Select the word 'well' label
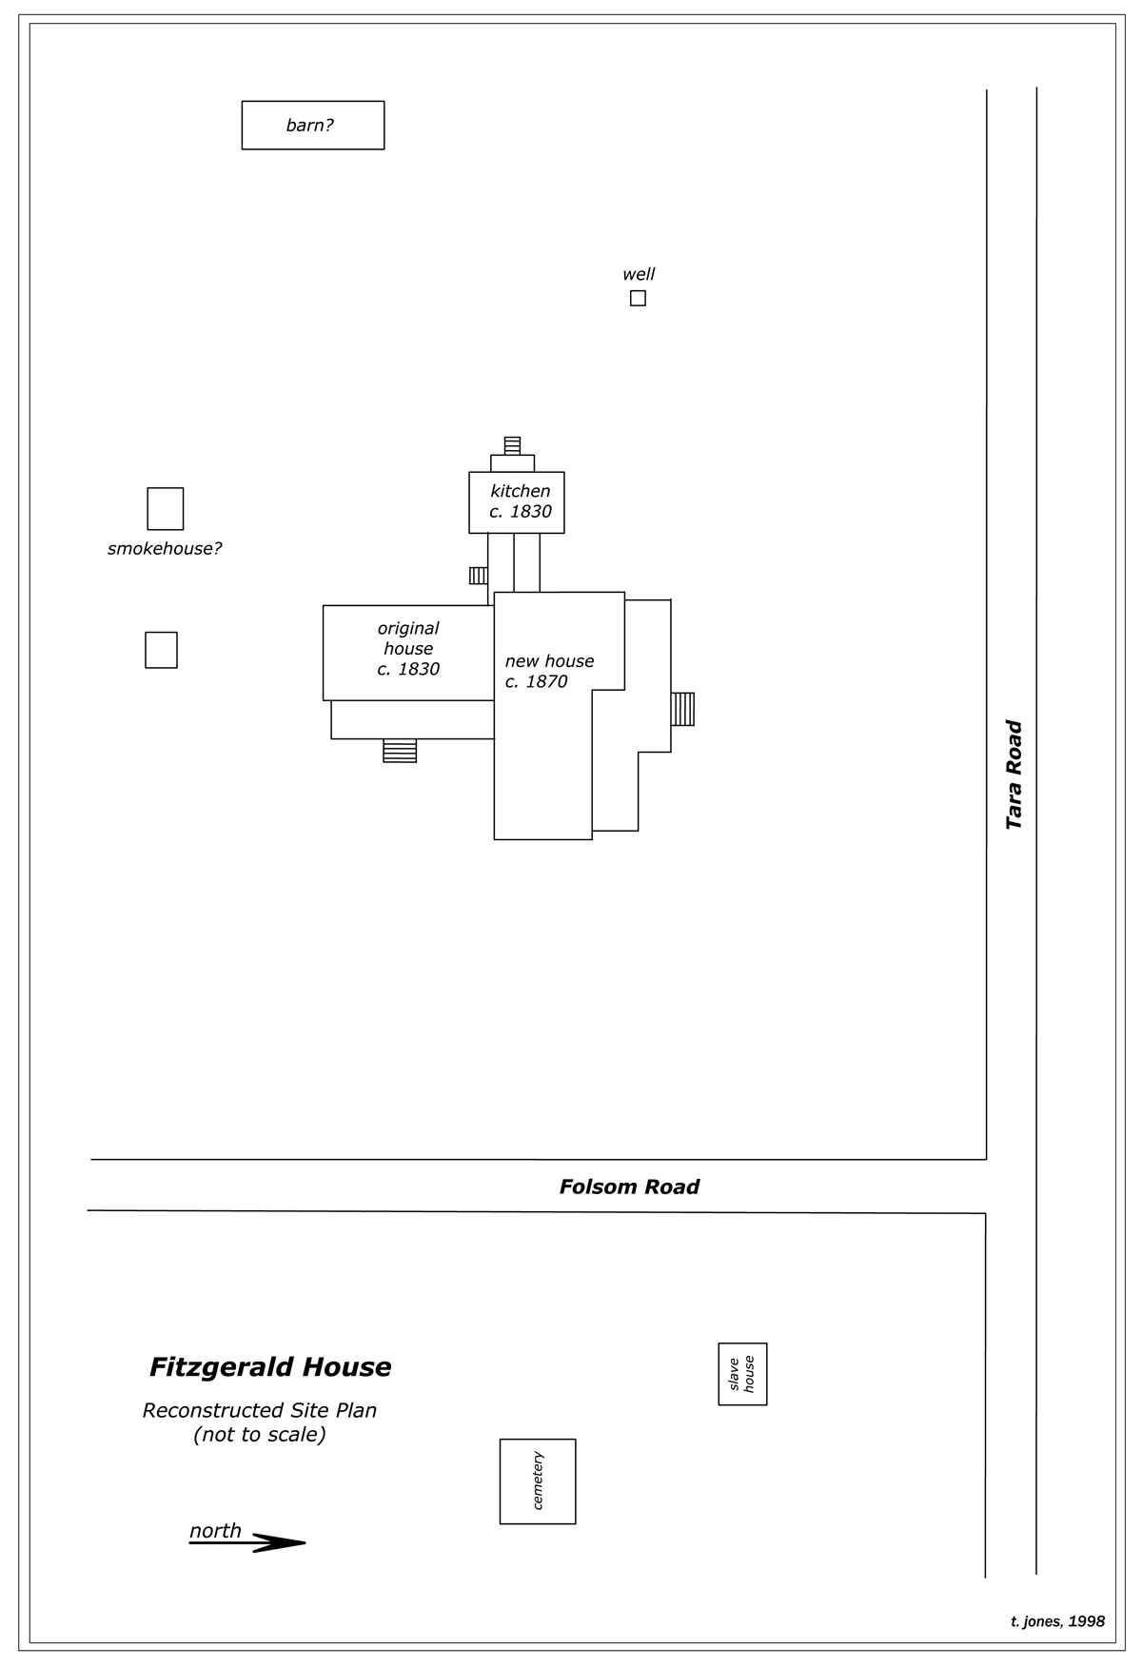pos(639,274)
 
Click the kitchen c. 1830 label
pos(521,501)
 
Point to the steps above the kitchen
pos(512,445)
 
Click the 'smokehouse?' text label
pos(165,549)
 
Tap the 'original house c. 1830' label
pos(408,648)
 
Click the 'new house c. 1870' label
pos(549,671)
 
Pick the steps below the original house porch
pos(400,751)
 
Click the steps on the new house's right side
pos(682,709)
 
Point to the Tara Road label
pos(1014,775)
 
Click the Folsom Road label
pos(629,1187)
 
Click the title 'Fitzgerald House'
pos(270,1367)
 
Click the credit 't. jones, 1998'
pos(1057,1621)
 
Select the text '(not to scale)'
pos(260,1434)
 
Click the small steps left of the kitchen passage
pos(479,576)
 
